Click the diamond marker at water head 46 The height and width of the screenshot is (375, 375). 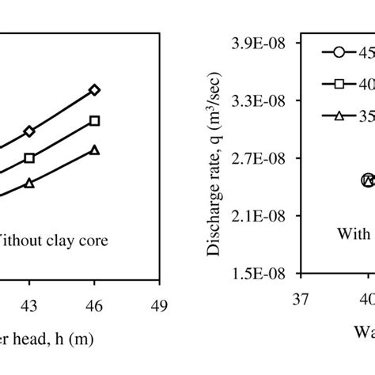tap(95, 90)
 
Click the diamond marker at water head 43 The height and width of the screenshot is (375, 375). tap(29, 131)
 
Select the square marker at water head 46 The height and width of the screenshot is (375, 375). tap(95, 120)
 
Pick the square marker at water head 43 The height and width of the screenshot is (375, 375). tap(29, 158)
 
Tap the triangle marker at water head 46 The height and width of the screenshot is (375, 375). tap(95, 150)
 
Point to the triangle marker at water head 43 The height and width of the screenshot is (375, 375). tap(29, 183)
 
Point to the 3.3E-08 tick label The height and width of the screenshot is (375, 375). tap(262, 101)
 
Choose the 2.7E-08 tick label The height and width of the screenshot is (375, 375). tap(262, 158)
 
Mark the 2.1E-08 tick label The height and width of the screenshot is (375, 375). tap(262, 215)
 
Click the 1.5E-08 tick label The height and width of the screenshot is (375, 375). tap(262, 273)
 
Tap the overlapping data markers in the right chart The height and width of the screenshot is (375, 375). tap(367, 180)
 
